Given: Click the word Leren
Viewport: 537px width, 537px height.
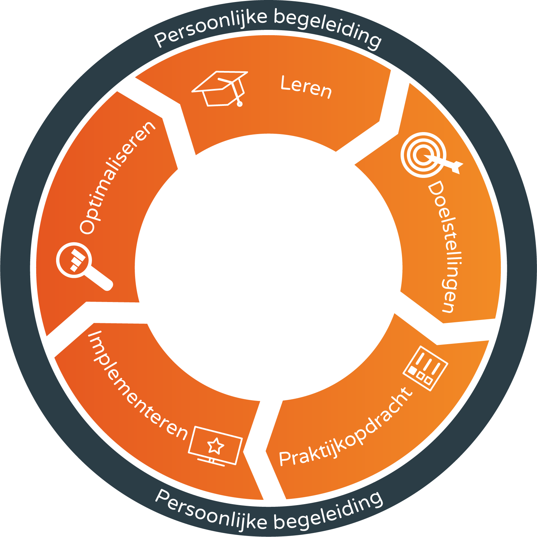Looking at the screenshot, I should click(306, 87).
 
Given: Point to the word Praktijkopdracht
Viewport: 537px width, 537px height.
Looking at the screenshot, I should click(345, 428).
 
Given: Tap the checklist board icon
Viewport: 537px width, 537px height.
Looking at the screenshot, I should click(426, 368).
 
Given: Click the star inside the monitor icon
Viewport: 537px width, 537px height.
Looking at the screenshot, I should click(216, 445).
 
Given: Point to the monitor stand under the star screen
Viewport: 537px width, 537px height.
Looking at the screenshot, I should click(211, 461).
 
